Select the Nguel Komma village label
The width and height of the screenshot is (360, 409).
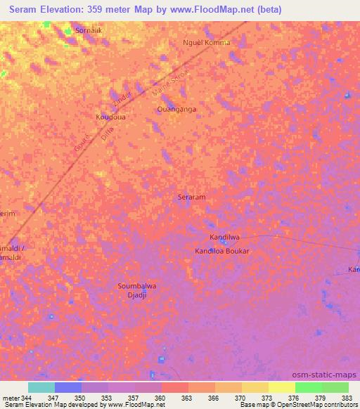[206, 42]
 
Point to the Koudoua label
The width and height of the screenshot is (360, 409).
[110, 117]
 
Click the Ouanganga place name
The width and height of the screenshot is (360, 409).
[176, 110]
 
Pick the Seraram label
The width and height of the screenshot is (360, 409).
[191, 197]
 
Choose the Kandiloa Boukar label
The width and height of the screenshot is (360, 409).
[221, 251]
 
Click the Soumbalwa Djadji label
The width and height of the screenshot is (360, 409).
[136, 290]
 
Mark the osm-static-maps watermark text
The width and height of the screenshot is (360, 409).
[329, 375]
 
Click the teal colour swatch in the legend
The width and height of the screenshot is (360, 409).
[41, 387]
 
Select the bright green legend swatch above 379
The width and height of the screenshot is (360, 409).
[308, 387]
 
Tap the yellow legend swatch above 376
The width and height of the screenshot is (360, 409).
[281, 387]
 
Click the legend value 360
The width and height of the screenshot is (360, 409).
[160, 398]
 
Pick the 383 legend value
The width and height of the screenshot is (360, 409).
[347, 398]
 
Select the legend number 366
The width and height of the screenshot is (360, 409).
[213, 398]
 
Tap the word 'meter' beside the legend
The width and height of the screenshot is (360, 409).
[11, 398]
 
